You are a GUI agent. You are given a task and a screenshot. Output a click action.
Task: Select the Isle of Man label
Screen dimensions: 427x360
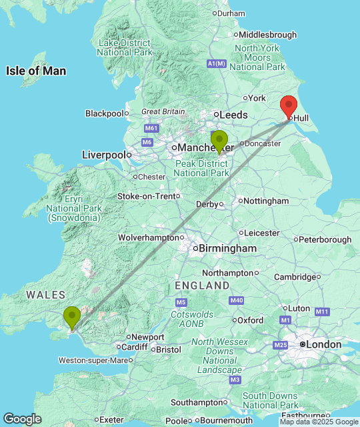pos(36,71)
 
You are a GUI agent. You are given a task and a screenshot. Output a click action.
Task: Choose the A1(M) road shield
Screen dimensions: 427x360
pos(217,63)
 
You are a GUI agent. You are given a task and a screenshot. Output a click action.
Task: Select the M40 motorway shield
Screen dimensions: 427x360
pos(236,301)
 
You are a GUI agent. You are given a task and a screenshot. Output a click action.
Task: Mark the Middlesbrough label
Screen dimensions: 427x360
pos(267,35)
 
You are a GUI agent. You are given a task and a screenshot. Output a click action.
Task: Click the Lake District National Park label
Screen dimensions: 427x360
pos(125,47)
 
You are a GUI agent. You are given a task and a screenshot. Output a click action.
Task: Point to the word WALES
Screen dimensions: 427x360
pos(45,295)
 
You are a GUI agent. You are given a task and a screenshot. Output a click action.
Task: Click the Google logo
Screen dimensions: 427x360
pos(21,419)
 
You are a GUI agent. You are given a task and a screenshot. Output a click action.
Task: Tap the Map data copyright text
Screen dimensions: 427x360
pos(319,422)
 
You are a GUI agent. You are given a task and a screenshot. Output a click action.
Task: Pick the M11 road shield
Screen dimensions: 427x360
pos(323,312)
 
